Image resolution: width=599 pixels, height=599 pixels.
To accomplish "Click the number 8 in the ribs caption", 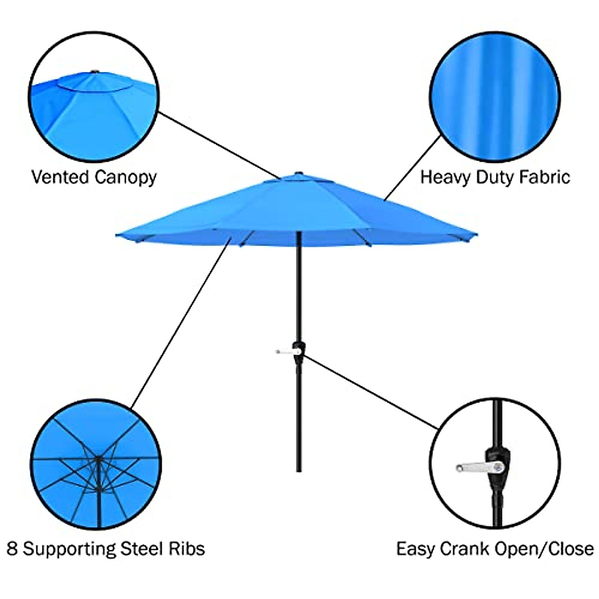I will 12,549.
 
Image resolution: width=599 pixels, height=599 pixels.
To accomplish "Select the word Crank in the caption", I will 465,549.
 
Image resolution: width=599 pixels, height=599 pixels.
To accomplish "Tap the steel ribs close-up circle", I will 96,464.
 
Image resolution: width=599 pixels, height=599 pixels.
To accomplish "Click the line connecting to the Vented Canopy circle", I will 220,145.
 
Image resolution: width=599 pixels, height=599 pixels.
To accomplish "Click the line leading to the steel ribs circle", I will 180,319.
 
